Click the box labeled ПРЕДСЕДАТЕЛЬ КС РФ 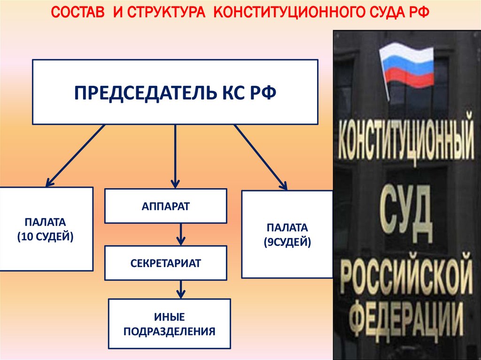coord(175,92)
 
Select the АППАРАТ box coord(165,206)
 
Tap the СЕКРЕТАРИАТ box coord(165,262)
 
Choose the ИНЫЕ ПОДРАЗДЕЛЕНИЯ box coord(169,324)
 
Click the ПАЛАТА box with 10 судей coord(46,229)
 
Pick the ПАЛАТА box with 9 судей coord(287,234)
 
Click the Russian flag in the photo coord(407,65)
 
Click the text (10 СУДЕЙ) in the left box coord(46,237)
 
